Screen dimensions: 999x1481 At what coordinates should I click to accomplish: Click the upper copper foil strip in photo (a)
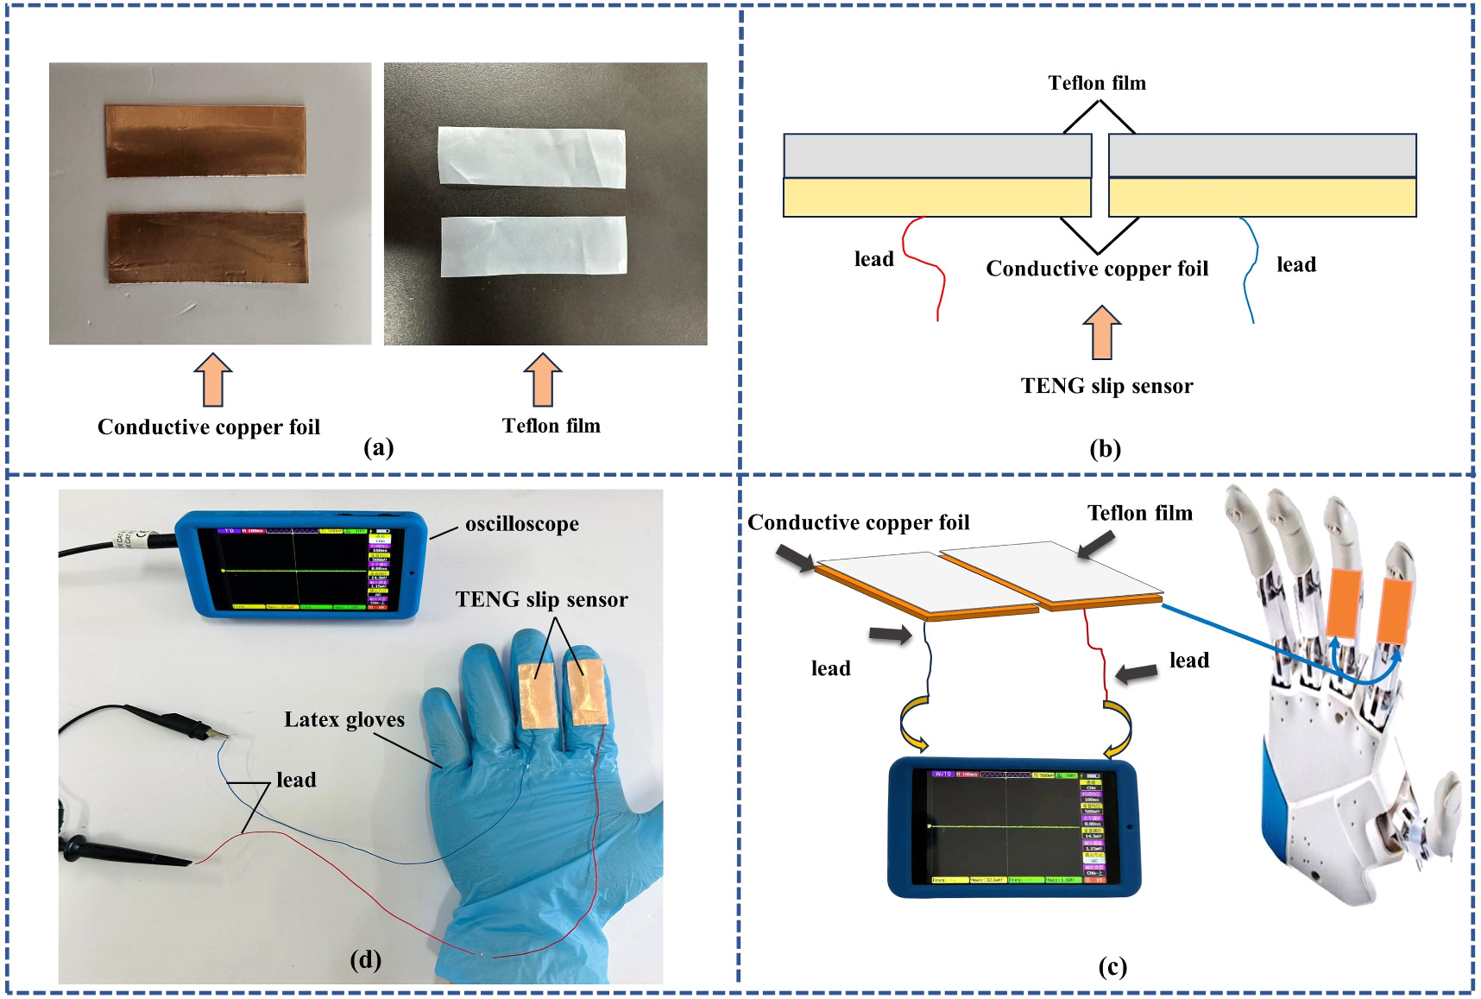click(x=205, y=141)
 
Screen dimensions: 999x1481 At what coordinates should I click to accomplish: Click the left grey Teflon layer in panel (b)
click(x=936, y=156)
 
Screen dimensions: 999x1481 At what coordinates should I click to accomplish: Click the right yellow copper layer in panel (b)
click(x=1262, y=198)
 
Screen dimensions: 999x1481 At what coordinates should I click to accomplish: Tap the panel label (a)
click(x=379, y=447)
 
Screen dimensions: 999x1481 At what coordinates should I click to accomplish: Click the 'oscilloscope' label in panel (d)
click(x=521, y=524)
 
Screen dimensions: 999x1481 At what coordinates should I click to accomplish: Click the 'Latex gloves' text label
click(x=344, y=719)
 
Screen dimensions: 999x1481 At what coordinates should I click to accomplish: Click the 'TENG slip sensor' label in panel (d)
click(x=541, y=599)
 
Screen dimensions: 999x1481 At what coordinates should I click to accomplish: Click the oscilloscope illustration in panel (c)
click(x=1012, y=826)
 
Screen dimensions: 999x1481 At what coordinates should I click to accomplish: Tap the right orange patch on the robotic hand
click(x=1396, y=610)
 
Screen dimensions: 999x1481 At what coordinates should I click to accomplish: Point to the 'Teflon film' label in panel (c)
click(x=1139, y=514)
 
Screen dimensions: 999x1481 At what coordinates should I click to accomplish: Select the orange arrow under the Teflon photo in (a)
click(x=542, y=380)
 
